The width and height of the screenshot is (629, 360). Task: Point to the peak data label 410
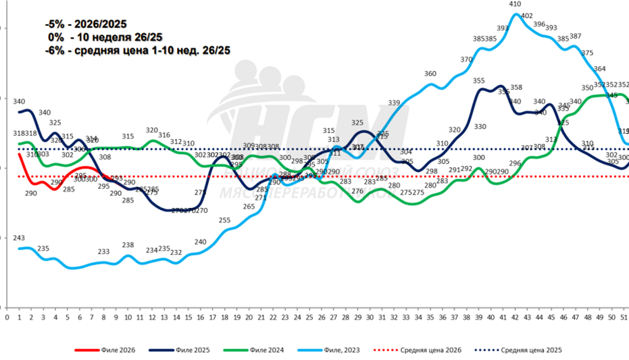(515, 5)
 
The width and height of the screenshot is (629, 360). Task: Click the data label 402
(527, 16)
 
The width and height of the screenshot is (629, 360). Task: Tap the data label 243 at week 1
(19, 238)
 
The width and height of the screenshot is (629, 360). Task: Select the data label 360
(430, 74)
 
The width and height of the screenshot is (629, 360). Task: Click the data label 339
(394, 103)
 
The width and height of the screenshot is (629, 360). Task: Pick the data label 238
(128, 245)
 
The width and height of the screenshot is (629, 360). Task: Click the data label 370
(467, 60)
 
